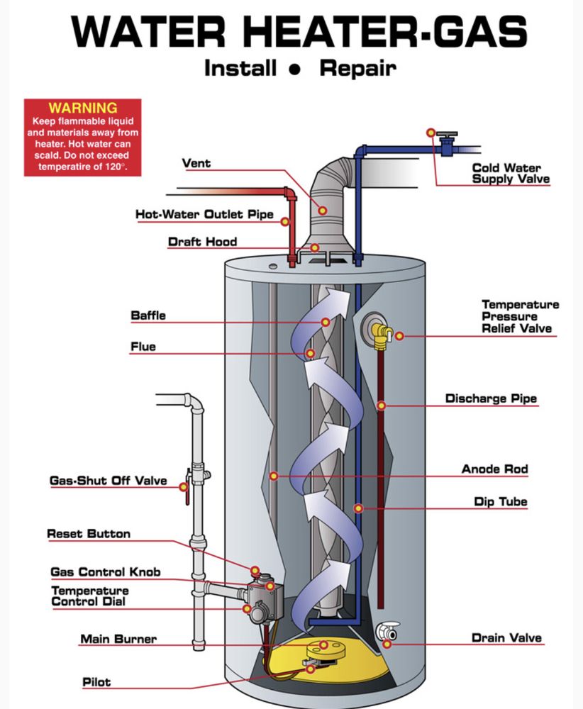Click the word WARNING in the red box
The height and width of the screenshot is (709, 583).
[x=82, y=108]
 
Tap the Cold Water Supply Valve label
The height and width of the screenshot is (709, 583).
[x=511, y=174]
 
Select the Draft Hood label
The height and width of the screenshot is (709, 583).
[x=202, y=242]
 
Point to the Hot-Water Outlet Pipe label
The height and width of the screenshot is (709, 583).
[x=204, y=214]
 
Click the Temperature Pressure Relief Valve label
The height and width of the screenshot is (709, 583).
[x=520, y=316]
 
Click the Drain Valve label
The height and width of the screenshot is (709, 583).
[x=506, y=638]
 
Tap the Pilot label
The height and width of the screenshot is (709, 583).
[x=96, y=682]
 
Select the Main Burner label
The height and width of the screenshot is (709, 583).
[x=118, y=639]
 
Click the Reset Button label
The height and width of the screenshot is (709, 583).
[x=89, y=534]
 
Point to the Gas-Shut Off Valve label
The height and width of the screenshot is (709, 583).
[x=108, y=481]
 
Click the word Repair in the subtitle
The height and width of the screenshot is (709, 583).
[x=357, y=68]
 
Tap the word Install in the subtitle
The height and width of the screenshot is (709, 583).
[x=240, y=68]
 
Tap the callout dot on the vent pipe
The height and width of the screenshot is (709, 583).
[x=323, y=211]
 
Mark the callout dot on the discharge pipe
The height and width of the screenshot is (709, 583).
[x=382, y=406]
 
